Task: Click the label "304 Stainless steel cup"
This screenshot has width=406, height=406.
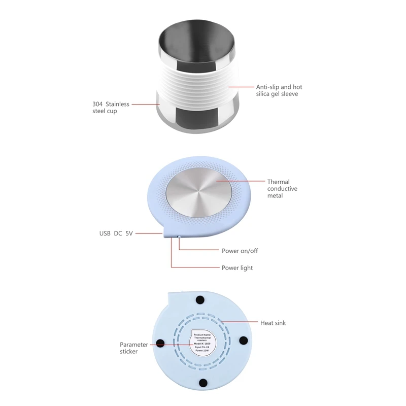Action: point(111,108)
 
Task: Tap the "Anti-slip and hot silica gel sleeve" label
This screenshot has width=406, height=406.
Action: point(279,91)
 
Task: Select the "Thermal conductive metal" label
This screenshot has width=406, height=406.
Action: point(282,189)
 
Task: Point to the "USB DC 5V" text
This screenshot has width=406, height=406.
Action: point(116,234)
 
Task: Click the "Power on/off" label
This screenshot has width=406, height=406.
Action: point(240,251)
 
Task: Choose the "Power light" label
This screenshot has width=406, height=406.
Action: point(237,267)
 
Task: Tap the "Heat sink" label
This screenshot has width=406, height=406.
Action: point(273,323)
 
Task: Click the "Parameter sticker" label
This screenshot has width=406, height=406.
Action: point(134,348)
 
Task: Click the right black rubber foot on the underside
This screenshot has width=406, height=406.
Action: point(243,340)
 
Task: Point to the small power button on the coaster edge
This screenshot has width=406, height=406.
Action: point(179,236)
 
